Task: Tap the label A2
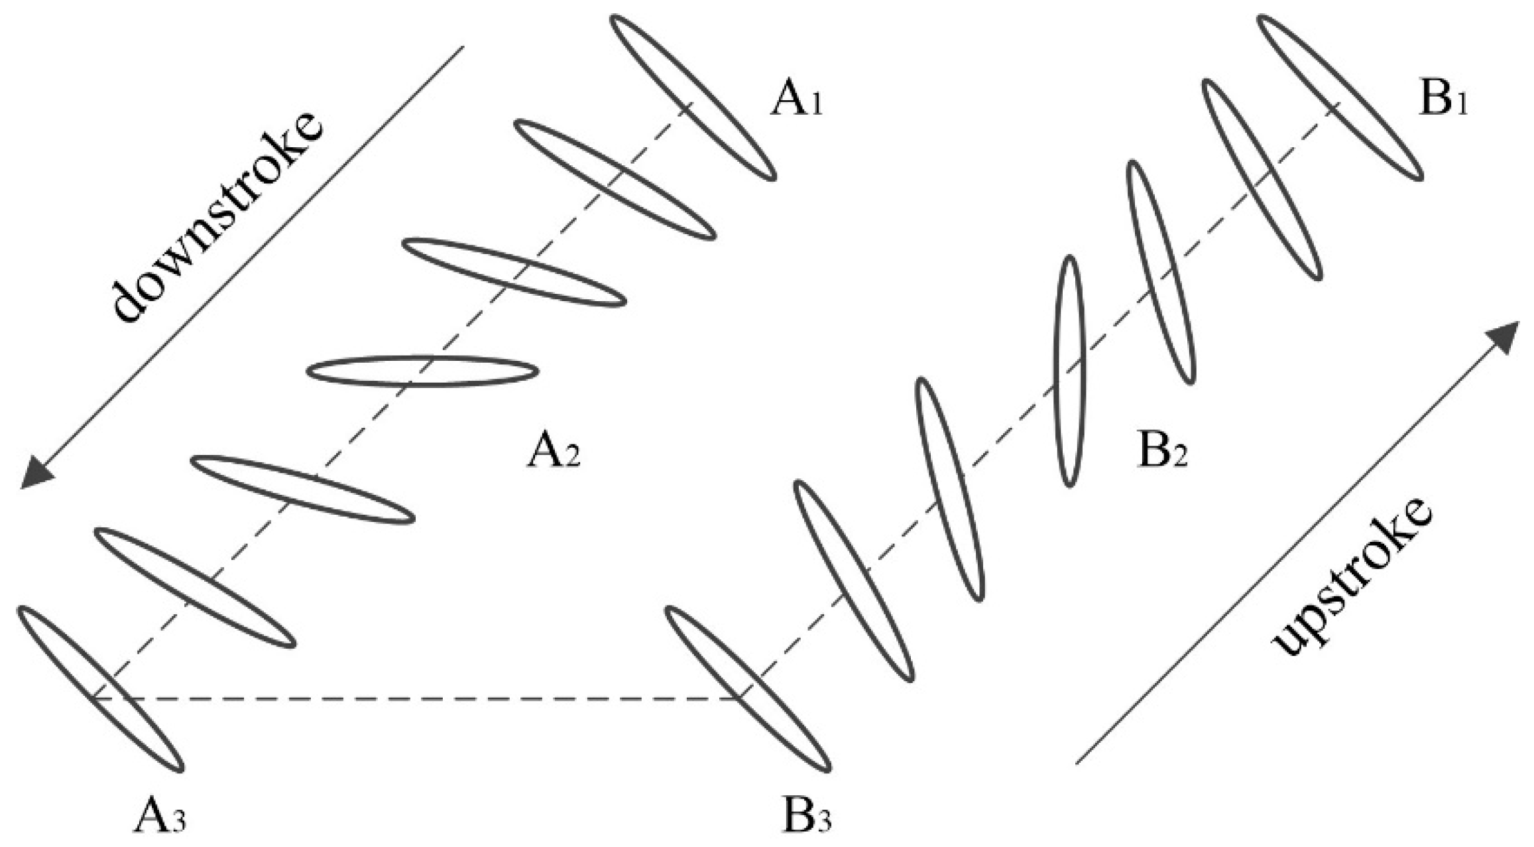[x=554, y=453]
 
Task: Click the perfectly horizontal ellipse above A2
[x=422, y=371]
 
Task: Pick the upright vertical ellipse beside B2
[x=1069, y=371]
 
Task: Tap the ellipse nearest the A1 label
[x=693, y=98]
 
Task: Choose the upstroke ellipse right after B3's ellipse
[x=854, y=581]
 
